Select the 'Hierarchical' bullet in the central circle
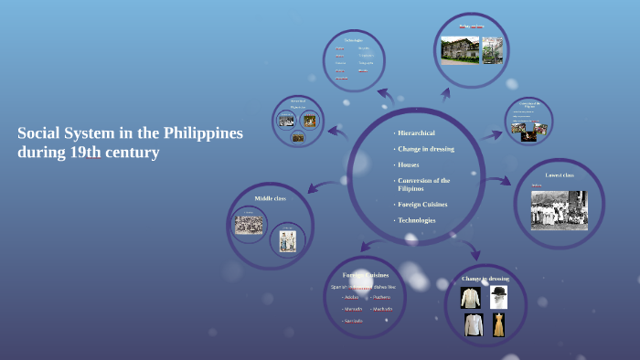click(x=417, y=133)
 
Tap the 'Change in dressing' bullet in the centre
click(x=426, y=148)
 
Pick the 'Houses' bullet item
click(x=409, y=164)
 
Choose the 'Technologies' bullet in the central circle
click(x=417, y=220)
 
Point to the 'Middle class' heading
click(x=270, y=198)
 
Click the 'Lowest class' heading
click(x=559, y=175)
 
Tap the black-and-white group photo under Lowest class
click(x=559, y=209)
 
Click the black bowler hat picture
click(x=498, y=296)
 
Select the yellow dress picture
click(x=498, y=324)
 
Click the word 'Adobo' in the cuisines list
click(x=351, y=297)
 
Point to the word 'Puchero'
click(x=381, y=297)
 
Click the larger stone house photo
click(x=460, y=50)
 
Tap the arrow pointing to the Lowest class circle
click(x=497, y=181)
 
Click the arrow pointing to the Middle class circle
click(x=321, y=186)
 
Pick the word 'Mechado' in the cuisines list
click(x=382, y=309)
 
